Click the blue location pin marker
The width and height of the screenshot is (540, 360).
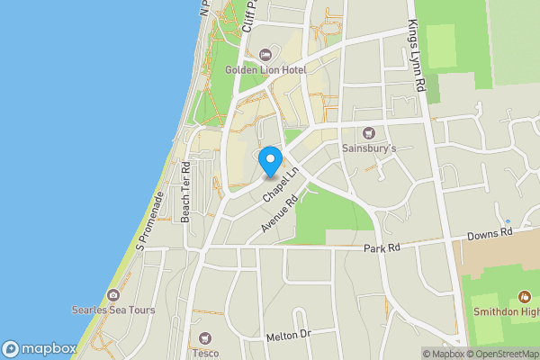pos(269,161)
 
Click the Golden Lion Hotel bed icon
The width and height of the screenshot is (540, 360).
pos(264,54)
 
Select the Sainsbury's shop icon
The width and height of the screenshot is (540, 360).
pos(367,132)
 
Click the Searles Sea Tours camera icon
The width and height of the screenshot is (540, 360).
pos(113,295)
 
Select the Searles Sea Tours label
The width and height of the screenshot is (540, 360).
pos(113,310)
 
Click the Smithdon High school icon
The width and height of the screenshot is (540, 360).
pos(525,297)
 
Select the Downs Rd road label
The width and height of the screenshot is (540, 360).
pos(489,233)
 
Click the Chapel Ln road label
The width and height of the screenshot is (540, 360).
pos(281,184)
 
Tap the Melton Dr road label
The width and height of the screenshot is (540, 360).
pos(288,336)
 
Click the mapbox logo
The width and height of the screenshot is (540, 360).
pos(39,348)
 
